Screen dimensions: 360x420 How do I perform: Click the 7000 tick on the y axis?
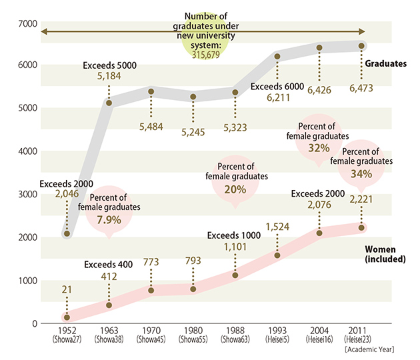[25, 23]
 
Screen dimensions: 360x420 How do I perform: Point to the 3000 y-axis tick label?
[25, 195]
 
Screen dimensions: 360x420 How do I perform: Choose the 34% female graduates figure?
[361, 174]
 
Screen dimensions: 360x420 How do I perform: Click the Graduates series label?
[386, 64]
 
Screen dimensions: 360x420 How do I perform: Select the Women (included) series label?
[385, 254]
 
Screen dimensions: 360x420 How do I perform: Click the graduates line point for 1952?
[67, 233]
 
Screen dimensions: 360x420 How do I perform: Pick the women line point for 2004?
[319, 233]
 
